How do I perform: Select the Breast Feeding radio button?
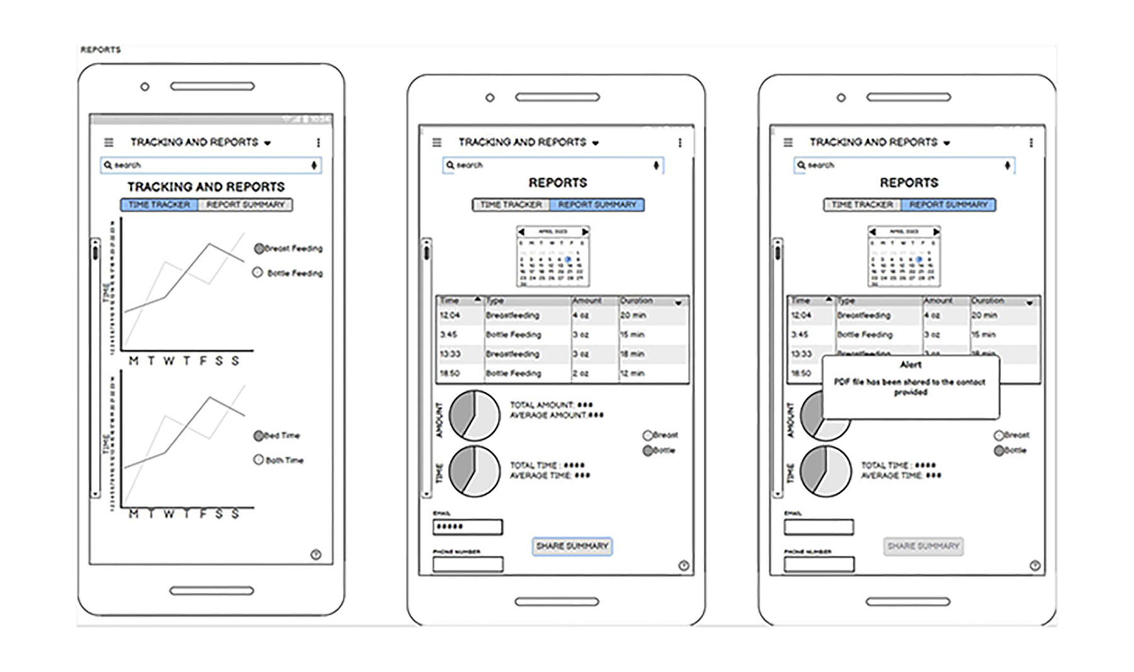click(x=259, y=249)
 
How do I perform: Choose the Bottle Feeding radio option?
click(x=258, y=273)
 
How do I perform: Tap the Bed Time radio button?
click(x=258, y=436)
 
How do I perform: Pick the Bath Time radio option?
click(x=258, y=460)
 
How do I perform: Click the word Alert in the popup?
click(x=910, y=365)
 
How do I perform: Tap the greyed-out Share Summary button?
click(x=923, y=546)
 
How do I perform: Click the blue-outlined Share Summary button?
click(x=572, y=546)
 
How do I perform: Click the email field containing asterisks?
click(x=467, y=527)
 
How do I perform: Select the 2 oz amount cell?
click(x=580, y=373)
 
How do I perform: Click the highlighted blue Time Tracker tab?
click(x=159, y=205)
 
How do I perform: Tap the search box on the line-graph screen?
click(x=210, y=165)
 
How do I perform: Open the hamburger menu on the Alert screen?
click(x=788, y=142)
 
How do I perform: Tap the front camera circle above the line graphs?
click(x=145, y=86)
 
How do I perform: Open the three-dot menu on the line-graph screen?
click(x=318, y=143)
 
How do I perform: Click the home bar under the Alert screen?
click(x=908, y=601)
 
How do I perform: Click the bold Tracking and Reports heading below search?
click(x=206, y=187)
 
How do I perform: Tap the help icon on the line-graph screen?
click(x=316, y=554)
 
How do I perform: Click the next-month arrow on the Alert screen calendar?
click(x=936, y=232)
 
